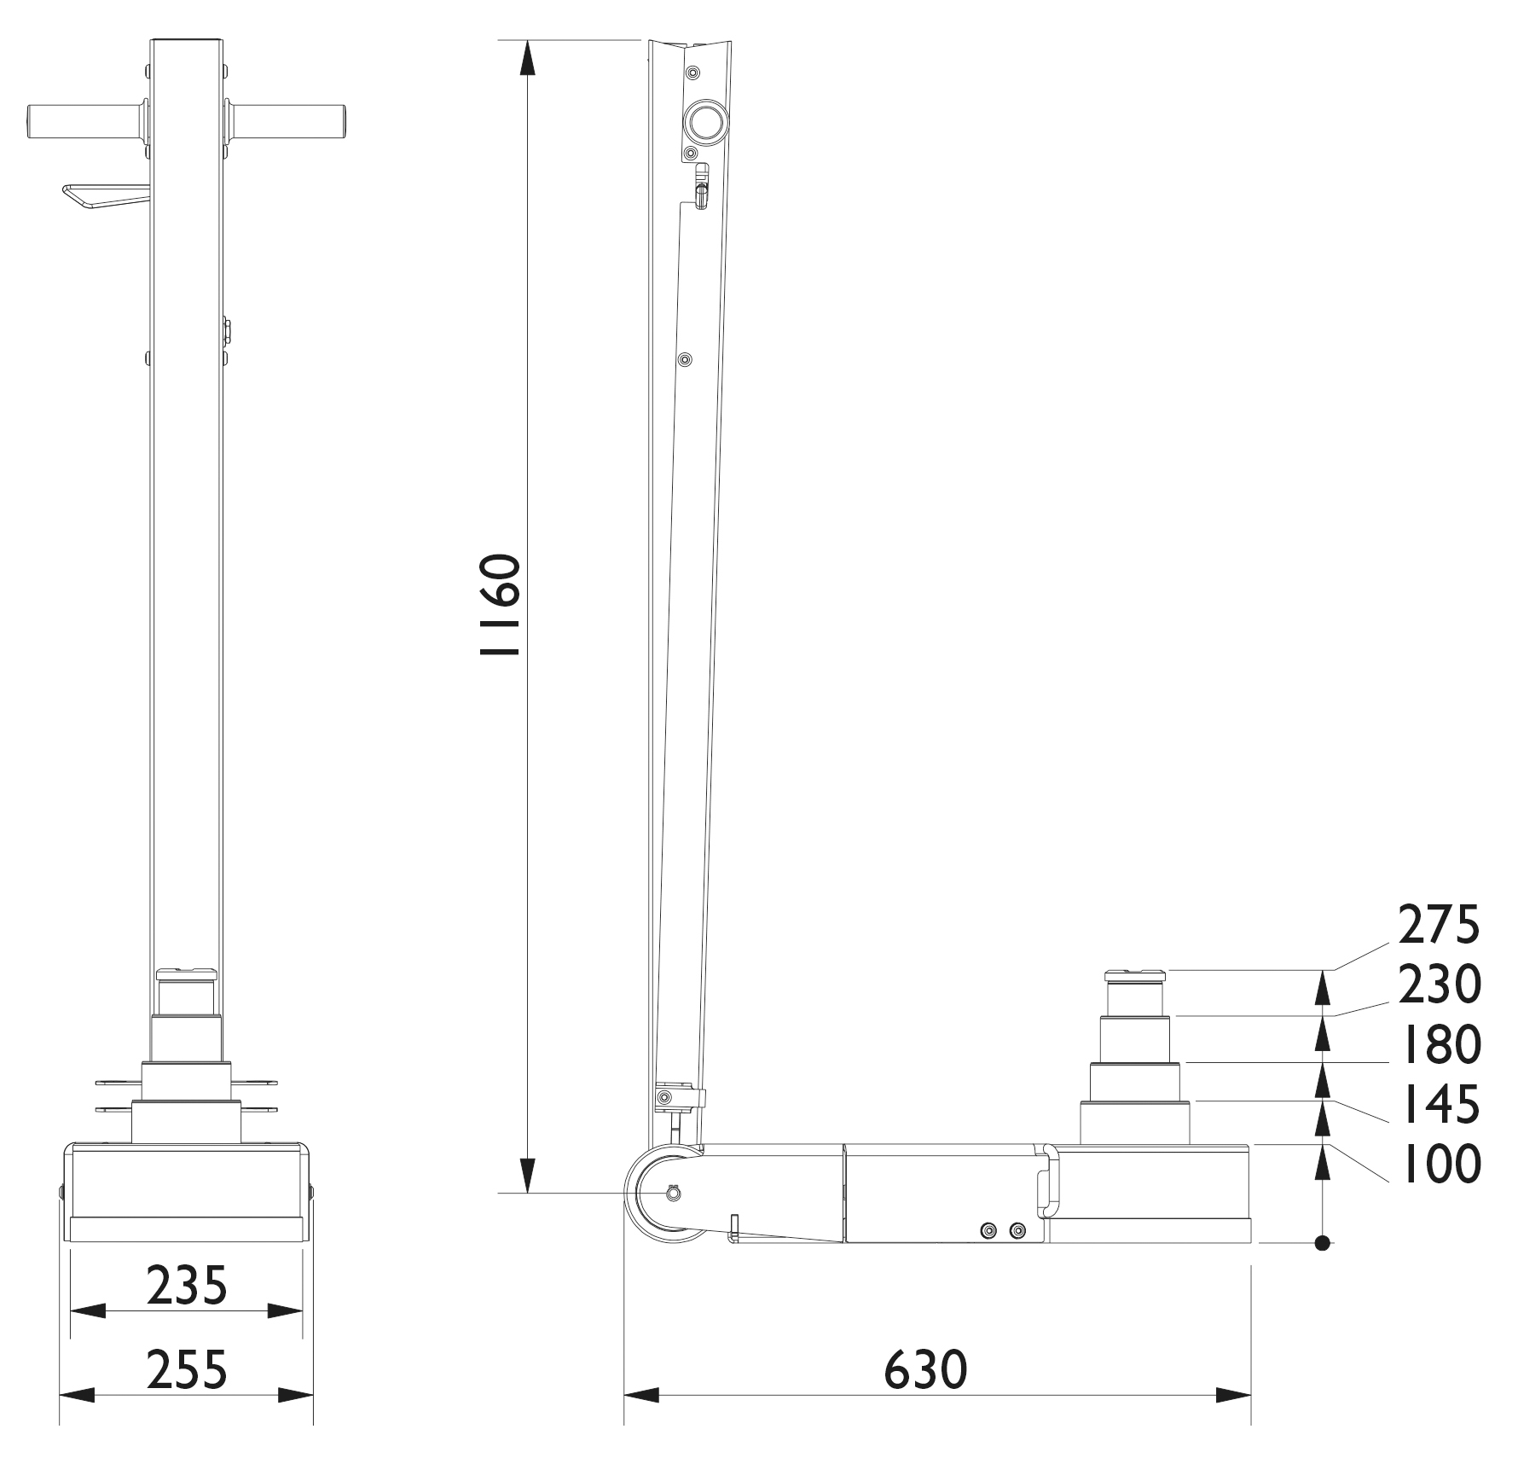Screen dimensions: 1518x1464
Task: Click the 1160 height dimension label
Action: [x=500, y=605]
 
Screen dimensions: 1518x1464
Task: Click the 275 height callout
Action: [x=1438, y=926]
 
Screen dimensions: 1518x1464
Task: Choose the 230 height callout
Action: [x=1439, y=985]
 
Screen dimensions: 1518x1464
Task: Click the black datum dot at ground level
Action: [x=1323, y=1243]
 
